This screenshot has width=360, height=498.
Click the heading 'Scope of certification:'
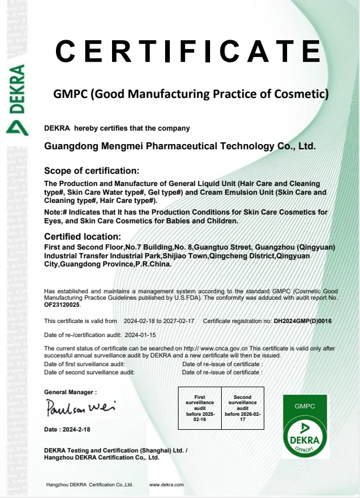point(92,171)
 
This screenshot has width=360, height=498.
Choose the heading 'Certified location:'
point(82,236)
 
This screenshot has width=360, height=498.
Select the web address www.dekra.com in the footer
point(167,485)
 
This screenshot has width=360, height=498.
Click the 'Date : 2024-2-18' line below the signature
point(67,430)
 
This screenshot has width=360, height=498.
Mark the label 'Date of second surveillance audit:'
point(89,372)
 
